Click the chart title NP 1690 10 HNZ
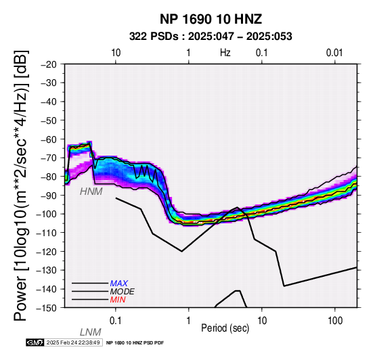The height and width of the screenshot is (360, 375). (x=211, y=19)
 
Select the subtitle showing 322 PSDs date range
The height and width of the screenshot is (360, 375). (x=211, y=37)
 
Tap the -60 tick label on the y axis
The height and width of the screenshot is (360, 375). (x=49, y=139)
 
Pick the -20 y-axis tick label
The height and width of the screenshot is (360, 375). (x=49, y=64)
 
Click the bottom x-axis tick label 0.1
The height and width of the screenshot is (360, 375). (x=116, y=321)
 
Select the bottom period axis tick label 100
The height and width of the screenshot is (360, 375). (x=335, y=321)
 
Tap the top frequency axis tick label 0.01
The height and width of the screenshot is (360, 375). (x=334, y=53)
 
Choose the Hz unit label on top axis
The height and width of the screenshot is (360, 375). (x=225, y=53)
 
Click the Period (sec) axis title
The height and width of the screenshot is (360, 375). (x=225, y=328)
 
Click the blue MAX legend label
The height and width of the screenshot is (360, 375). (x=119, y=284)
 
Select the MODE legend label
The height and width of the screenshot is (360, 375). (x=123, y=292)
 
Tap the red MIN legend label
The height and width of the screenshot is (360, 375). (x=118, y=300)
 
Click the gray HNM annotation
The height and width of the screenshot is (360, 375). (x=91, y=192)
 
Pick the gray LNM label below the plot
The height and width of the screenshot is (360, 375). (x=91, y=332)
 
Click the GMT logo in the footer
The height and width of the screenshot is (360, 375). (x=35, y=342)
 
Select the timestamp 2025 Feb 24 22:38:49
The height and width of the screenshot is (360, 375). (x=73, y=342)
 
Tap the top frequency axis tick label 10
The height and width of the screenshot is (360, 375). (x=116, y=53)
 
